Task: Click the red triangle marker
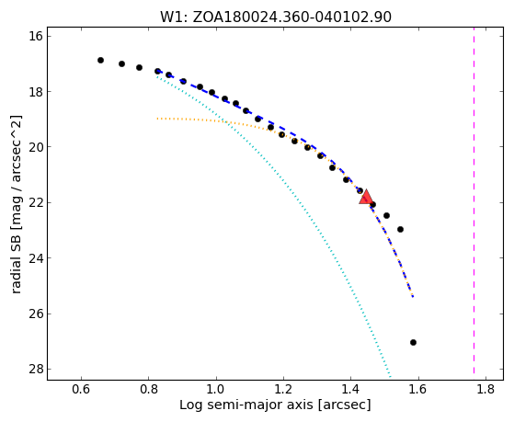366,197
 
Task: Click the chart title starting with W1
275,17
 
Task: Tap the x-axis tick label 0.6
81,389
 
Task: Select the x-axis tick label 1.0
216,389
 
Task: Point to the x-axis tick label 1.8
485,389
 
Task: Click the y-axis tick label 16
36,36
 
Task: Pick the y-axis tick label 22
36,202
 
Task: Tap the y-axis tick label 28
36,370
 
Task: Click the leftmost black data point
100,60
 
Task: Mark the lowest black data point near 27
413,342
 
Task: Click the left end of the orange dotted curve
157,119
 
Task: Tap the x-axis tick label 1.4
350,389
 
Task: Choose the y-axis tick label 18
36,91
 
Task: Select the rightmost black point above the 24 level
400,229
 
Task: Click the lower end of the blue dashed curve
413,297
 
